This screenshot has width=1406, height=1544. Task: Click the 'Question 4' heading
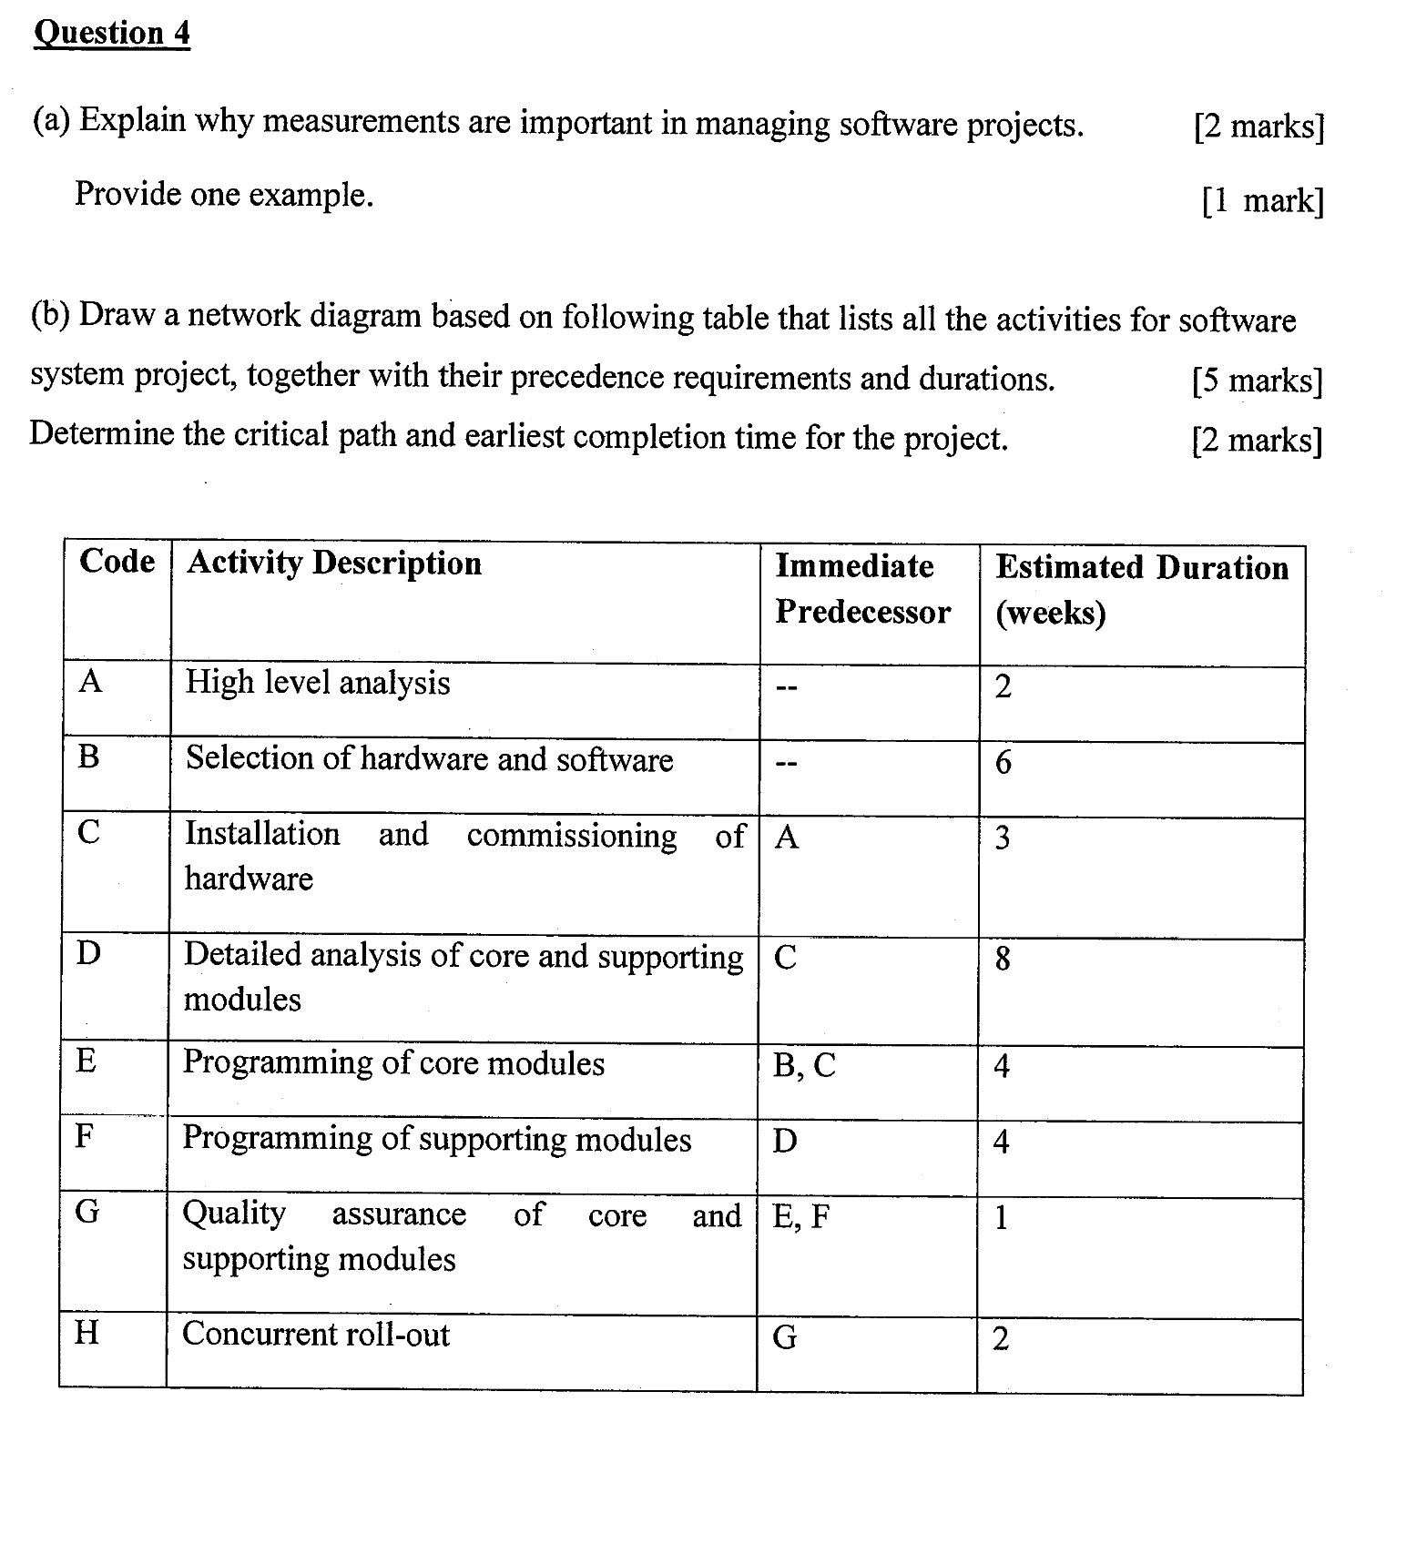click(x=112, y=34)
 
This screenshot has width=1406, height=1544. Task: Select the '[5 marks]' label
click(x=1257, y=381)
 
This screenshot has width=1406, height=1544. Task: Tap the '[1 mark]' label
click(x=1262, y=200)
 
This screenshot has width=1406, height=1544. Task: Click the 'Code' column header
click(x=117, y=562)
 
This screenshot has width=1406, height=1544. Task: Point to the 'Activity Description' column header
click(x=334, y=564)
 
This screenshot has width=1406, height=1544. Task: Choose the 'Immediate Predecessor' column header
click(x=861, y=589)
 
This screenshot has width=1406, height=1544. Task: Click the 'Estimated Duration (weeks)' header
click(x=1141, y=589)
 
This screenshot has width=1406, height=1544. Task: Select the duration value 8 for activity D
click(x=1003, y=959)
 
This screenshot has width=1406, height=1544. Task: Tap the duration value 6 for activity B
click(x=1003, y=762)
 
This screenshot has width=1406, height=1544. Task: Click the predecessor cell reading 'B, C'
click(x=804, y=1065)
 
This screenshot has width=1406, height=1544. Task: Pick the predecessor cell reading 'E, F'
click(x=801, y=1217)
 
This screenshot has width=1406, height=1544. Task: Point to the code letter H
click(x=87, y=1334)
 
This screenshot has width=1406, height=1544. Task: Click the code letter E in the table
click(x=87, y=1061)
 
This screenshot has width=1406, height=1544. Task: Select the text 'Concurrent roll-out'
click(x=316, y=1335)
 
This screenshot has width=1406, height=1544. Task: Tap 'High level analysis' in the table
click(x=318, y=683)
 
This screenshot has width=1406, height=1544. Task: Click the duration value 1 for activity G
click(x=1001, y=1218)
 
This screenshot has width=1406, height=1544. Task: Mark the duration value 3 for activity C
click(x=1002, y=838)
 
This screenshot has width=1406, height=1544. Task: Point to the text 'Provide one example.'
click(x=224, y=194)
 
